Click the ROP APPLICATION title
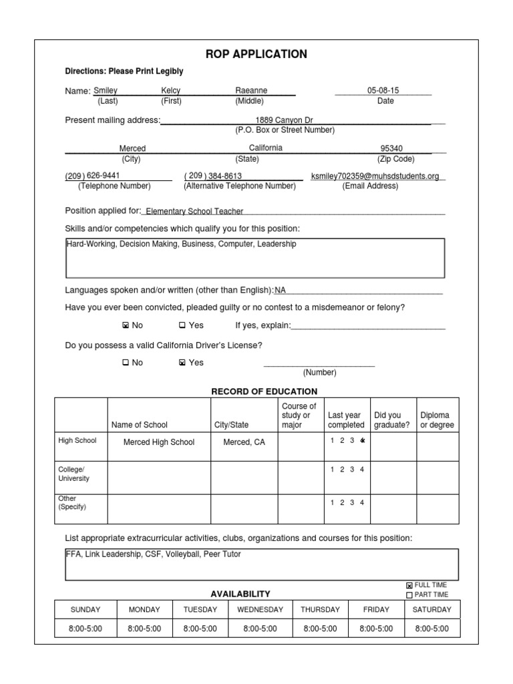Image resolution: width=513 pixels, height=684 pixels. (x=256, y=54)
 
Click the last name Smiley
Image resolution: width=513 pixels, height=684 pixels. (x=105, y=90)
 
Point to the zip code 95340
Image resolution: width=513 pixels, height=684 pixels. (x=391, y=148)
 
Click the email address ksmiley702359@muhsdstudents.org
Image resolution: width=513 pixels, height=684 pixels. (x=375, y=176)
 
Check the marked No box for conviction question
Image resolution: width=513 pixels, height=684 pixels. (x=126, y=326)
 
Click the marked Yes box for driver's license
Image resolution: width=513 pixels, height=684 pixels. (x=182, y=363)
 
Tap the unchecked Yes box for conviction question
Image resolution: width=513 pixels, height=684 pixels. (x=182, y=326)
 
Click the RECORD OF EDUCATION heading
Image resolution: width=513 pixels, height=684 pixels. (x=264, y=391)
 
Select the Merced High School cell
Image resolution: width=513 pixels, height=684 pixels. (x=159, y=442)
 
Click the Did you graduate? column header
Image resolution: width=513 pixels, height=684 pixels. (x=391, y=419)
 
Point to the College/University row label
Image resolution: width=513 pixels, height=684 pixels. (x=73, y=474)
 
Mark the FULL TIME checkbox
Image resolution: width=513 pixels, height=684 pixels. (x=409, y=586)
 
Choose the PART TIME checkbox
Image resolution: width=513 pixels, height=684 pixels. (x=409, y=595)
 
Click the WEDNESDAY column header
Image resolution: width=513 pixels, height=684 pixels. (x=260, y=609)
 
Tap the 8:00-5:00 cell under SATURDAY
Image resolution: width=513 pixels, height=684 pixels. (x=432, y=629)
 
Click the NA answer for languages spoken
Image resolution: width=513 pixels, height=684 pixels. (x=280, y=290)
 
